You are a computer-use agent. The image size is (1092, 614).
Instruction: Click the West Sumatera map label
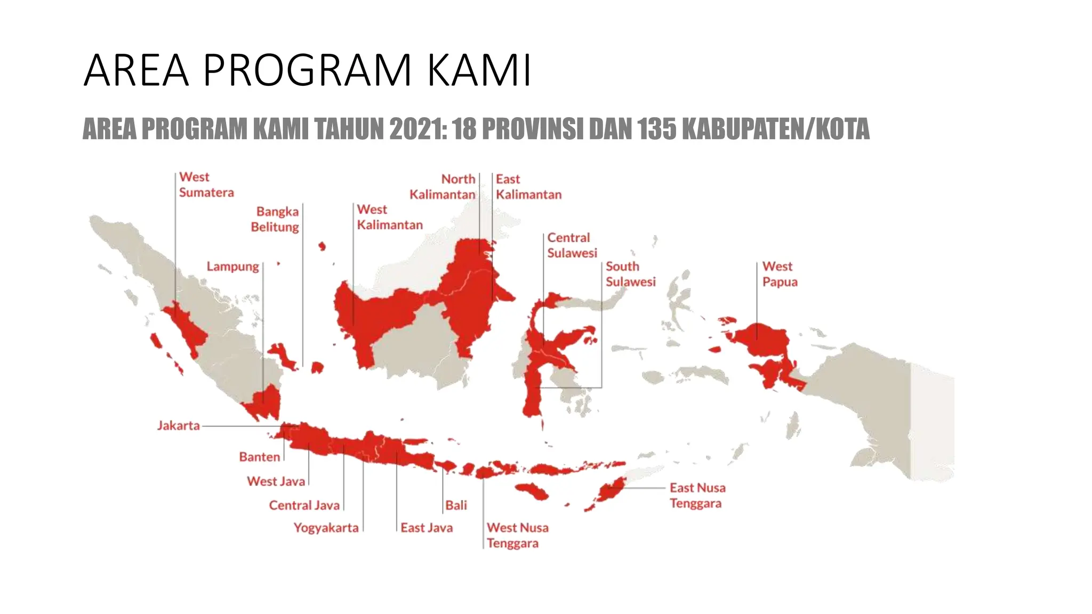[206, 184]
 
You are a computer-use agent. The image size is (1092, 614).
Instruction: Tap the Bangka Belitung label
[275, 219]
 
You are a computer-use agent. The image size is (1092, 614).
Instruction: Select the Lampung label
[232, 266]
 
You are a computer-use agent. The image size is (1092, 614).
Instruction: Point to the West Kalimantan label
[389, 217]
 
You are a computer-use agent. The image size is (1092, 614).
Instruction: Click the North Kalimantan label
[443, 187]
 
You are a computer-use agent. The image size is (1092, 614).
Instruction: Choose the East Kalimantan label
[528, 187]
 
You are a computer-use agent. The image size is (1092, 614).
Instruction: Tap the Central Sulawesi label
[572, 245]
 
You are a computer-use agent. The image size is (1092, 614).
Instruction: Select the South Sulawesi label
[630, 274]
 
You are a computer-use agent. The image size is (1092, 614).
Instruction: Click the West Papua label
[779, 274]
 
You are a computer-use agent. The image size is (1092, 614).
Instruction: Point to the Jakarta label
[178, 426]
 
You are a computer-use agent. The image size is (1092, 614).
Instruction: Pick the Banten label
[259, 457]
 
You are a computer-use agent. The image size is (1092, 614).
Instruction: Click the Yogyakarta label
[326, 528]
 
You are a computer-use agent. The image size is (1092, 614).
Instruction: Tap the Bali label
[456, 505]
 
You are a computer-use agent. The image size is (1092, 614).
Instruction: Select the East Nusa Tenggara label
[697, 495]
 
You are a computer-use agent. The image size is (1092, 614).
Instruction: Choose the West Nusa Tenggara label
[517, 535]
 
